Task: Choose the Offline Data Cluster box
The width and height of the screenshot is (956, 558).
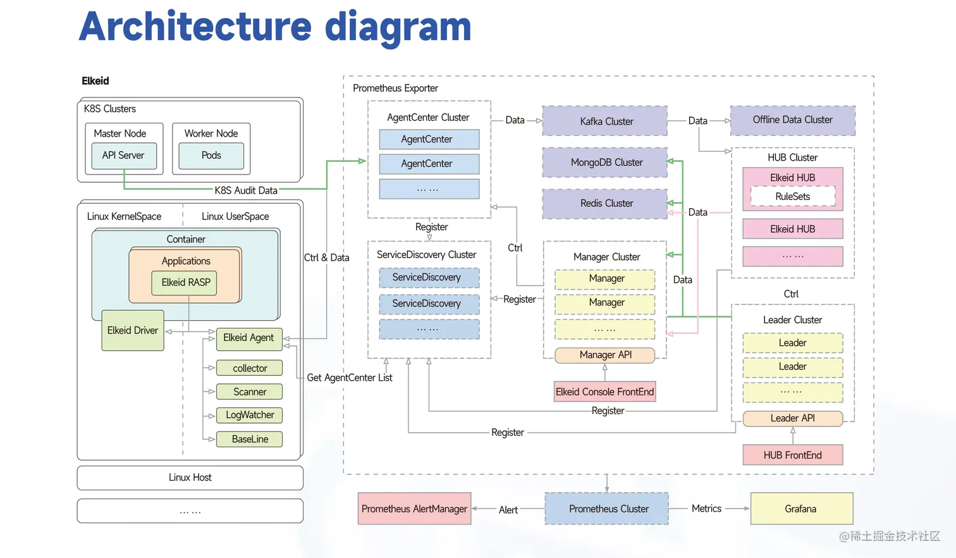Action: (792, 120)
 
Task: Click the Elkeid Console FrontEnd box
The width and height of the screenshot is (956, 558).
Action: (604, 392)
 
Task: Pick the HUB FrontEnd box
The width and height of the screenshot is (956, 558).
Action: (792, 455)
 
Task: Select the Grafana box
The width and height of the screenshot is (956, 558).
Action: (801, 509)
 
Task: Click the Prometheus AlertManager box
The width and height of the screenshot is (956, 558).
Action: (414, 509)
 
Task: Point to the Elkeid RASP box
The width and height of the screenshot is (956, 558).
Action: (185, 283)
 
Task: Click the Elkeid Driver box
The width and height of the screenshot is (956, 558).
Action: (133, 330)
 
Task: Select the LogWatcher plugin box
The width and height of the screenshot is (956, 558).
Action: (249, 415)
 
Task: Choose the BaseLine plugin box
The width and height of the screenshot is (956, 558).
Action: (249, 439)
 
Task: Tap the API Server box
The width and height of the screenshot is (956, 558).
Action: (124, 156)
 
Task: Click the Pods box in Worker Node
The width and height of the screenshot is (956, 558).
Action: (211, 156)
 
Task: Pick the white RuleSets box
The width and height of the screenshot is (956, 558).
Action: (792, 197)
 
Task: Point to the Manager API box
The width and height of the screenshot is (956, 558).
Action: (604, 355)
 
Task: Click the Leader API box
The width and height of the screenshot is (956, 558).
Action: (792, 418)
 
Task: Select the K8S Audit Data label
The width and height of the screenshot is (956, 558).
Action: (246, 190)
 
